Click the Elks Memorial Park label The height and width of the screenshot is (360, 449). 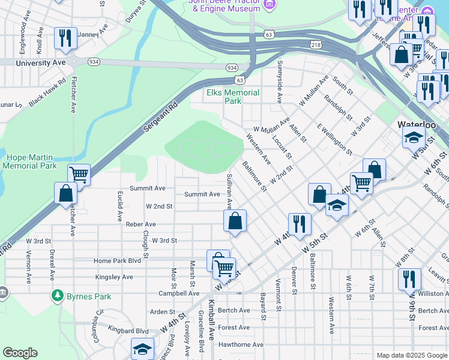click(233, 97)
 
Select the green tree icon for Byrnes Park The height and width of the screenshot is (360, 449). click(58, 295)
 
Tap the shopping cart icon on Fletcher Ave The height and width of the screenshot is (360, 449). click(79, 175)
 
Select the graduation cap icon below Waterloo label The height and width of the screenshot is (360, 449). click(413, 138)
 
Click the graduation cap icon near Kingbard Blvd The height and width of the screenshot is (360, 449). click(142, 349)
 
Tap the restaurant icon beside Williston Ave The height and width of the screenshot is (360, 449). click(409, 279)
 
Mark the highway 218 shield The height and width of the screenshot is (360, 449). click(316, 44)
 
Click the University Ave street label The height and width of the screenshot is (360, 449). click(40, 62)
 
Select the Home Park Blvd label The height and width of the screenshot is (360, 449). click(117, 261)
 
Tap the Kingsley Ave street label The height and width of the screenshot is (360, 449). click(114, 277)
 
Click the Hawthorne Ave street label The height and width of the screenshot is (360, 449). click(241, 344)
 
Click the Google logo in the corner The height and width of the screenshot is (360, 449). click(20, 353)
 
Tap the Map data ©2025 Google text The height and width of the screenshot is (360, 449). click(411, 356)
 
